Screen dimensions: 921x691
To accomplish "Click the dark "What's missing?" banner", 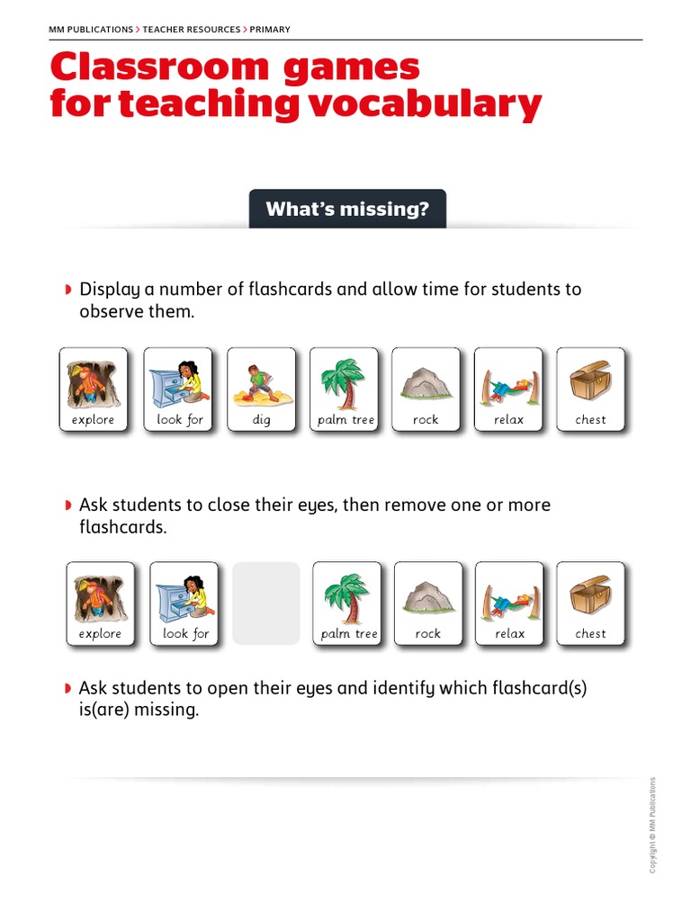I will point(347,210).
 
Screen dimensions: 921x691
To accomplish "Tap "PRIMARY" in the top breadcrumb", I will point(270,30).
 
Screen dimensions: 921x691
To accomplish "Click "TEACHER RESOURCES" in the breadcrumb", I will point(190,30).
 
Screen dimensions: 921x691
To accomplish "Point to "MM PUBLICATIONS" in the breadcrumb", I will point(91,30).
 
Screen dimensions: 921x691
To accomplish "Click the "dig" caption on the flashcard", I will point(261,420).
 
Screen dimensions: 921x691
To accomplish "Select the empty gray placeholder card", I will point(266,604).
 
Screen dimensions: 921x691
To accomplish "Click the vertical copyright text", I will point(653,824).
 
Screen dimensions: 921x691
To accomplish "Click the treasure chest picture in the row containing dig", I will point(590,381).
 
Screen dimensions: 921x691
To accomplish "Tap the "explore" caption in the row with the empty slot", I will point(100,634).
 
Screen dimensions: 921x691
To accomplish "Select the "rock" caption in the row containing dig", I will point(426,420).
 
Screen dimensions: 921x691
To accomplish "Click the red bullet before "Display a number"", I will point(68,290).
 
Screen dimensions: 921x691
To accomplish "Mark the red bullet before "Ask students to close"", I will point(68,505).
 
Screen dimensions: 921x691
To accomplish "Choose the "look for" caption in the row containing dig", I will point(180,420).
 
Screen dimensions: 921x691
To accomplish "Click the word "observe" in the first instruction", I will point(109,311).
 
